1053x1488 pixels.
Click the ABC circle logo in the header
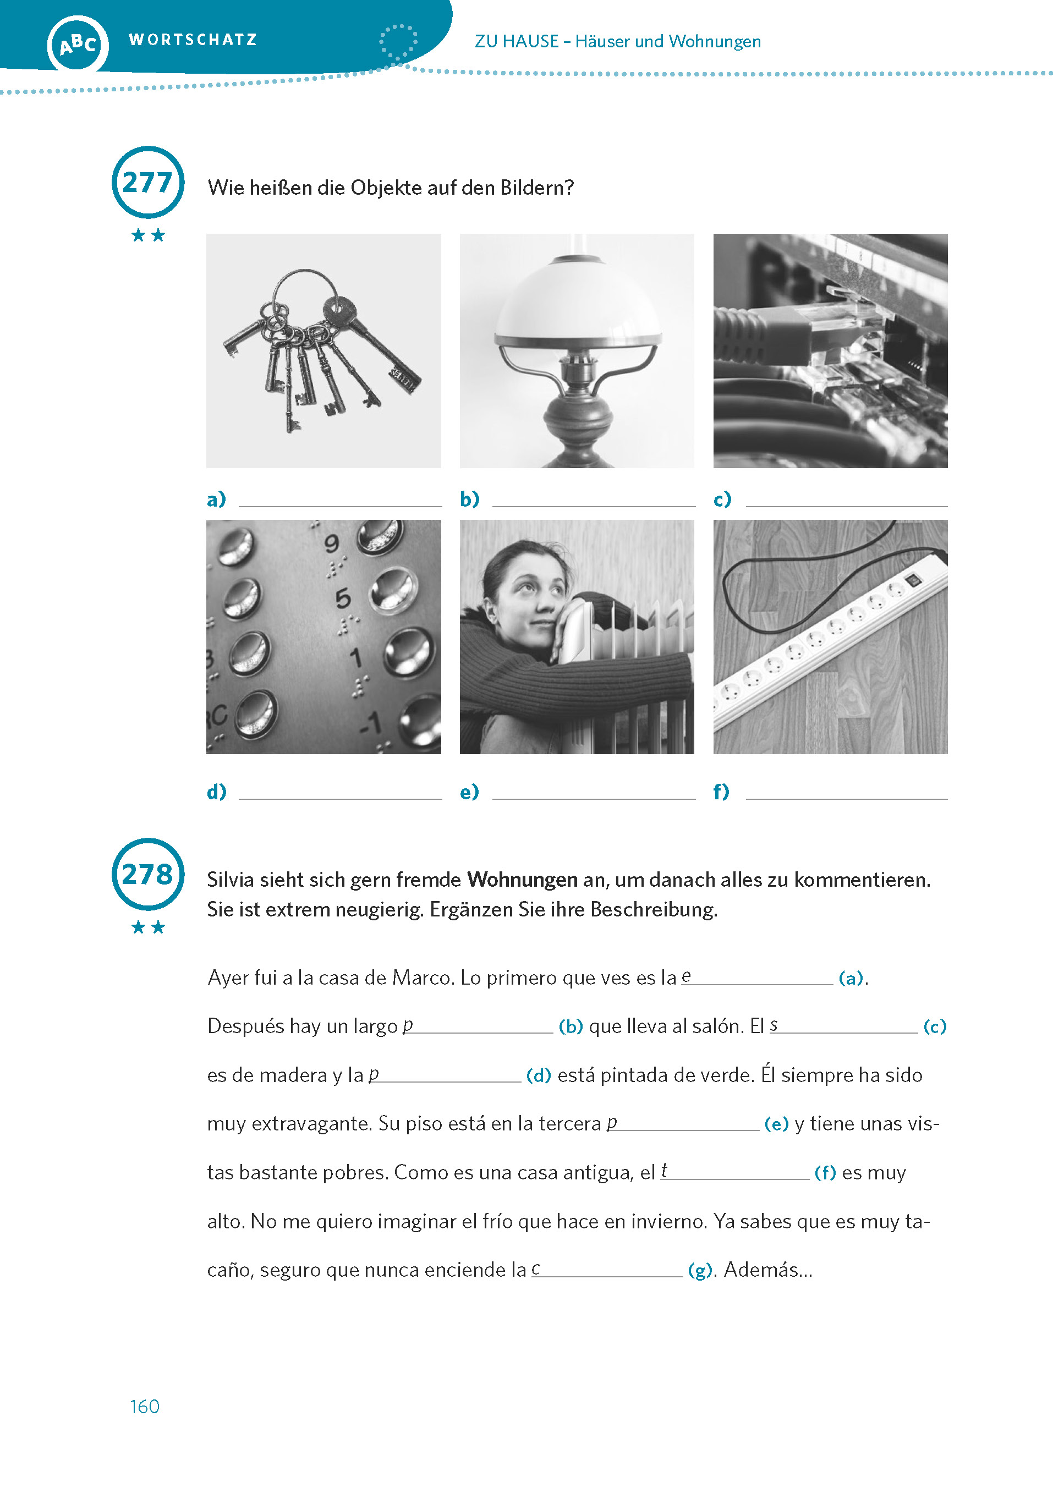pos(77,44)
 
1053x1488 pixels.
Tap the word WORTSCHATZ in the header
pos(193,40)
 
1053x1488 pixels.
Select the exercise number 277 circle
pos(148,182)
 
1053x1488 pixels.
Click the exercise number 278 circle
pos(148,874)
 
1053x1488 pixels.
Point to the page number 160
pos(144,1406)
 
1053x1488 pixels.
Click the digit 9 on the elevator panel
pos(331,542)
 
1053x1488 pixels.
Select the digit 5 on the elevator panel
pos(343,598)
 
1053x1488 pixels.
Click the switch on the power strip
pos(913,579)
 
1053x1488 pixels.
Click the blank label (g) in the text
pos(700,1270)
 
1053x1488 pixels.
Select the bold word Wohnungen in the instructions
pos(522,880)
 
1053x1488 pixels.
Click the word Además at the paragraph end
pos(767,1270)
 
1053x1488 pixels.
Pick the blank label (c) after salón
pos(934,1026)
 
